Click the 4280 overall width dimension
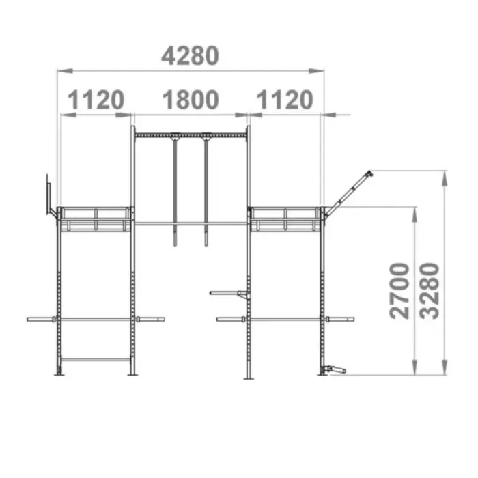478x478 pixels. pos(190,55)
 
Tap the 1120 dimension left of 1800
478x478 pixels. pos(96,100)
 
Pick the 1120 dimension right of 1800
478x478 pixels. pos(284,100)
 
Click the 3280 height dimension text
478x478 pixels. pos(430,290)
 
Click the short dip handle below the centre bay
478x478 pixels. pos(227,294)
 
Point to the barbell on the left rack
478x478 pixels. pos(96,319)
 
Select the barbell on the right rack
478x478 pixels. pos(285,319)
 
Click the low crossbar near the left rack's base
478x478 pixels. pos(96,359)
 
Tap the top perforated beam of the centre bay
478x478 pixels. pos(190,135)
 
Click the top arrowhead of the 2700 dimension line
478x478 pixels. pos(414,211)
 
